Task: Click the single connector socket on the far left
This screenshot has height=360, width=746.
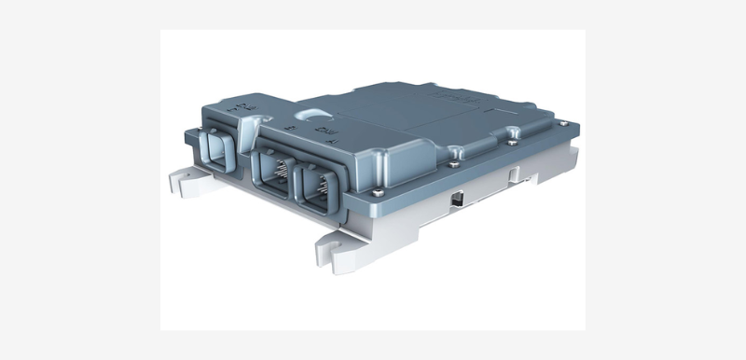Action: click(219, 152)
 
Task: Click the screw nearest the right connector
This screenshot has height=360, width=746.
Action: click(376, 193)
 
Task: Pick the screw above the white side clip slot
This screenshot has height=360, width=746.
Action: click(512, 145)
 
